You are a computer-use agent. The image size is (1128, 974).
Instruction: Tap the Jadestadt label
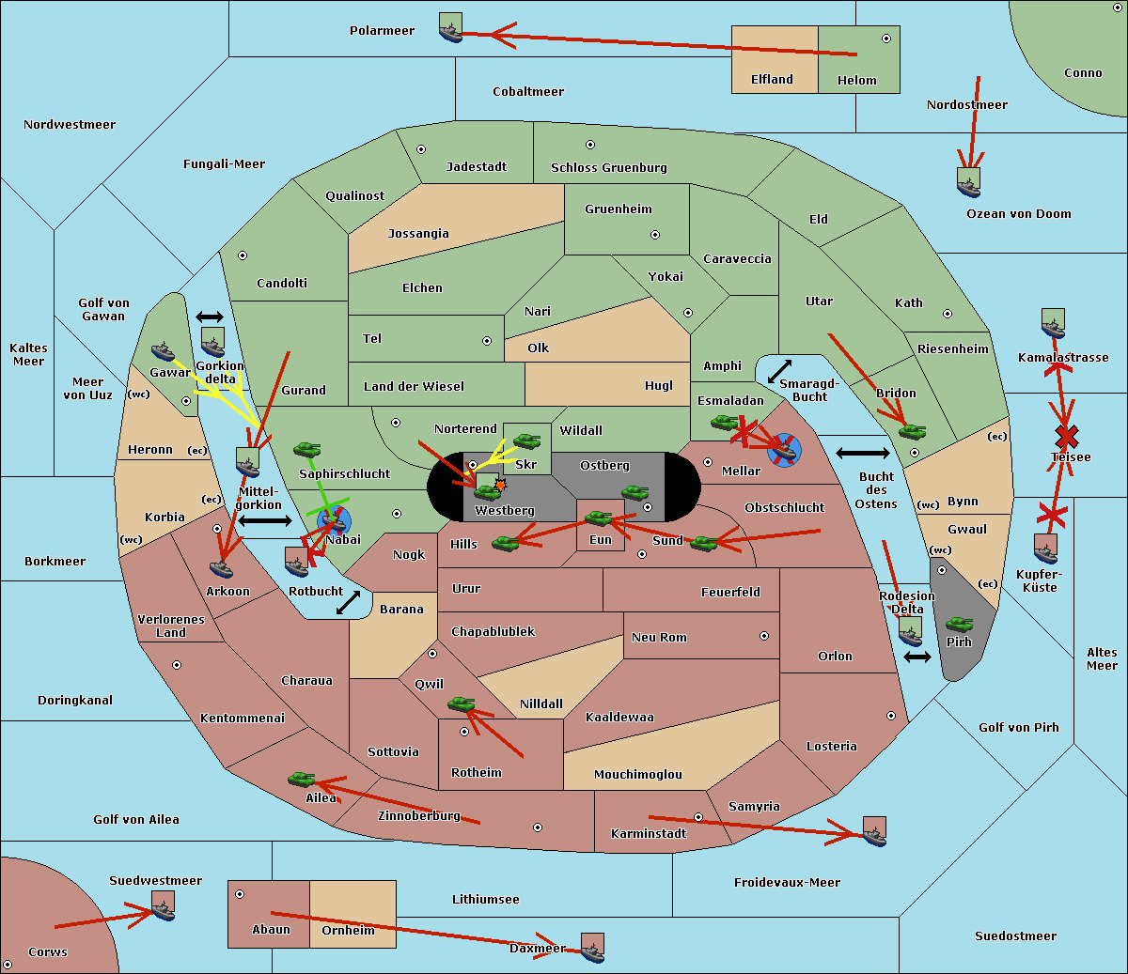pyautogui.click(x=477, y=167)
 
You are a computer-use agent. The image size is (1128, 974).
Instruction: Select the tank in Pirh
pyautogui.click(x=959, y=624)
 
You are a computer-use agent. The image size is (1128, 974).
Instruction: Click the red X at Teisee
pyautogui.click(x=1067, y=437)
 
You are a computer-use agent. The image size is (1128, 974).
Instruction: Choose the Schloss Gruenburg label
pyautogui.click(x=608, y=167)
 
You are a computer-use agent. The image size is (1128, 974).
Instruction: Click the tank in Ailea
pyautogui.click(x=301, y=780)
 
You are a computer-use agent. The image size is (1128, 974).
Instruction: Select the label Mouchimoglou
pyautogui.click(x=638, y=774)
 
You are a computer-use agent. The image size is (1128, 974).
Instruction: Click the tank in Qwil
pyautogui.click(x=462, y=704)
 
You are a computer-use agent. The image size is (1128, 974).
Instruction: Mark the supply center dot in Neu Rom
pyautogui.click(x=764, y=636)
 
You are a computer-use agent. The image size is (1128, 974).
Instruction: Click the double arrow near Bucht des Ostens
pyautogui.click(x=863, y=453)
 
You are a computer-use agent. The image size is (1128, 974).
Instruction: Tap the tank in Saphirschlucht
pyautogui.click(x=306, y=450)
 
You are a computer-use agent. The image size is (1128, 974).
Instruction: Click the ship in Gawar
pyautogui.click(x=163, y=352)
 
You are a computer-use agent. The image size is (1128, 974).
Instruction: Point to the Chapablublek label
pyautogui.click(x=493, y=631)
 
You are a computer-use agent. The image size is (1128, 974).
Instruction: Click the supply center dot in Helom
pyautogui.click(x=886, y=39)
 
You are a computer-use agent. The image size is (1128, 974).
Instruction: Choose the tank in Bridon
pyautogui.click(x=913, y=432)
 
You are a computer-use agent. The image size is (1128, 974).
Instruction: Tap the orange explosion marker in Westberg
pyautogui.click(x=500, y=485)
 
